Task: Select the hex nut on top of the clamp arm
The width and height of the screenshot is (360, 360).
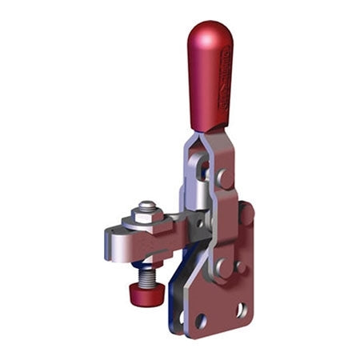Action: (146, 210)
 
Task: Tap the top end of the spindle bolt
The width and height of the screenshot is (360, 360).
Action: (146, 204)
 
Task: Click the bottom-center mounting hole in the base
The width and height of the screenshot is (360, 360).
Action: (201, 321)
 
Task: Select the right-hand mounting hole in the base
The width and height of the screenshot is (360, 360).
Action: (241, 308)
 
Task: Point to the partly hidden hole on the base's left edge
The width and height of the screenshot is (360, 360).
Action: (182, 317)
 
